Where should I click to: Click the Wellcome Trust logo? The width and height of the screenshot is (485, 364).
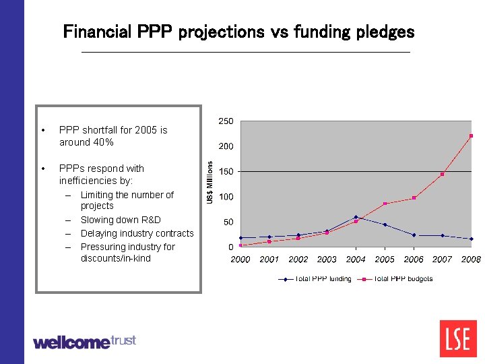84,342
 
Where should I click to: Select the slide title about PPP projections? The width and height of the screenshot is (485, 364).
238,32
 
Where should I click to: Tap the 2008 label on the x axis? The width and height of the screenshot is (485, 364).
471,260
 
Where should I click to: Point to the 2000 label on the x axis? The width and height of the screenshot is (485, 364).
240,260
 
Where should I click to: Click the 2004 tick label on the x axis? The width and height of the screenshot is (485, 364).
356,260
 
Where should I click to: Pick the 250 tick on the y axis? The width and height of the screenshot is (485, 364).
226,121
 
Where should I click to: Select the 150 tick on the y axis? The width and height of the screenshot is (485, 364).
226,172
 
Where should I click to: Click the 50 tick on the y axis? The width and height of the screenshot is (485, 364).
228,222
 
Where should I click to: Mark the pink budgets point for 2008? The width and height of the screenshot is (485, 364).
471,135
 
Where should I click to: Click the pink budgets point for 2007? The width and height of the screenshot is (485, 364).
442,174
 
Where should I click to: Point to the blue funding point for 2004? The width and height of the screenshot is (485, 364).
356,217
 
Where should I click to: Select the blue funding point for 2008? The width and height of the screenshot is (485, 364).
471,239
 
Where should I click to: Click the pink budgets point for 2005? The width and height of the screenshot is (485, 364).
385,204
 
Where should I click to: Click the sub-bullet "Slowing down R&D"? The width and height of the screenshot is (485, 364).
121,220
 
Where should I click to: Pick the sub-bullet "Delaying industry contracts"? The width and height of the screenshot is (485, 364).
137,233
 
